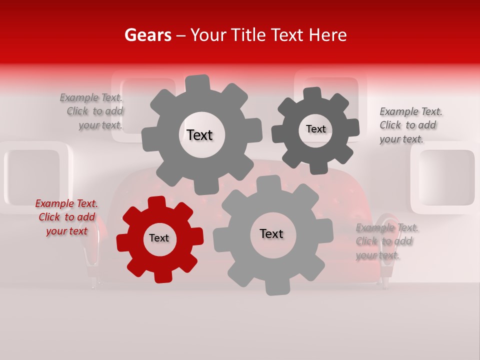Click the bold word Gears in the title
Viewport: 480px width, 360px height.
point(147,35)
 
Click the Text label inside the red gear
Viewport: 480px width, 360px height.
point(159,238)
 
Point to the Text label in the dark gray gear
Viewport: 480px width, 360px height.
point(315,129)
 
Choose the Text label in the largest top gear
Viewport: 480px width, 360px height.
point(199,135)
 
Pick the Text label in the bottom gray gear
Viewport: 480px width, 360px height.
point(271,233)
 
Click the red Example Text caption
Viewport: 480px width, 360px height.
point(66,217)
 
